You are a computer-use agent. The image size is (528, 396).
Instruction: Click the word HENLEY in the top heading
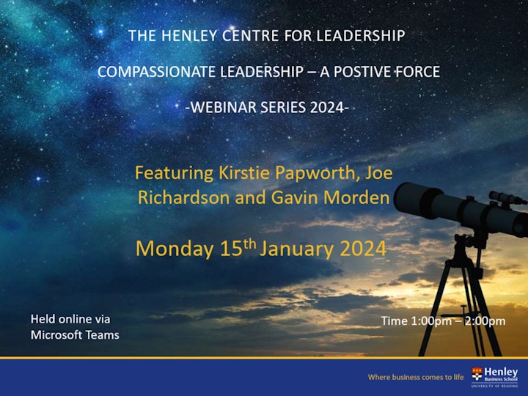(x=186, y=36)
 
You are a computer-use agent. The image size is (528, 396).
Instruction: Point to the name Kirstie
(x=244, y=173)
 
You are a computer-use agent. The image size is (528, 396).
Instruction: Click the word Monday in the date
(x=175, y=249)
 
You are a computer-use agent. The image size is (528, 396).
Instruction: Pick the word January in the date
(x=297, y=249)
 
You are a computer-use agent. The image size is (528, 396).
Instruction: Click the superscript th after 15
(x=249, y=243)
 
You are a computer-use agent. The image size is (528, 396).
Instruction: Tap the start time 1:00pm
(x=431, y=321)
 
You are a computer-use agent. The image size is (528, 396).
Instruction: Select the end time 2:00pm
(x=485, y=321)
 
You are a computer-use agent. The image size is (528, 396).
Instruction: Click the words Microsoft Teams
(x=75, y=335)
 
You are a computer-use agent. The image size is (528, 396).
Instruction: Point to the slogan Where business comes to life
(x=416, y=377)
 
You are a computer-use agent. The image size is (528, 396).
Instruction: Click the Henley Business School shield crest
(x=477, y=374)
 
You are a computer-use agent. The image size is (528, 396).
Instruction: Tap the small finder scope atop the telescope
(x=507, y=198)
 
